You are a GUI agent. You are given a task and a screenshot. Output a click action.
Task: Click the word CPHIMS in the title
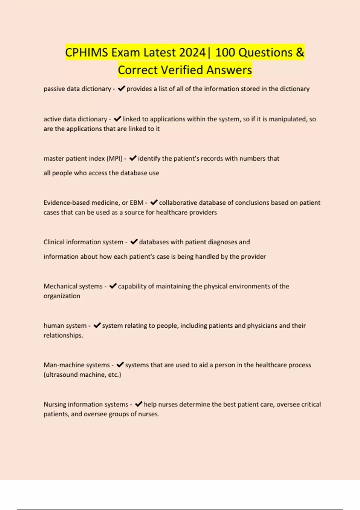pos(86,52)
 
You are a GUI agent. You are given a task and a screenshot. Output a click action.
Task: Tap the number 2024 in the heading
pos(192,52)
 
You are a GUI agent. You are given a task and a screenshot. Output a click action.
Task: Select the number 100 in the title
pos(225,52)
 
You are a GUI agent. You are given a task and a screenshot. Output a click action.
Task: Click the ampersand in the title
pos(300,52)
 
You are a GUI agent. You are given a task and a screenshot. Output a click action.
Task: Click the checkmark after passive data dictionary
pos(121,88)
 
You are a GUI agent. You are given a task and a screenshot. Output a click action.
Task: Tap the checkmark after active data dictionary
pos(117,119)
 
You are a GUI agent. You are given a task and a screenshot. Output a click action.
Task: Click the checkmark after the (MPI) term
pos(133,158)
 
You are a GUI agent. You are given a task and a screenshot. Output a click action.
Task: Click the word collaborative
pos(177,203)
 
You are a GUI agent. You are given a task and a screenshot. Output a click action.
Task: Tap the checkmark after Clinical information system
pos(134,242)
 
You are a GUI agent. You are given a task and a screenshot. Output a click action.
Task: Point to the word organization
pos(62,296)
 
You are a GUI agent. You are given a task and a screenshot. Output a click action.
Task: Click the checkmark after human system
pos(97,325)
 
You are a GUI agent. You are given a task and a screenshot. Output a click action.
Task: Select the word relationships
pos(63,335)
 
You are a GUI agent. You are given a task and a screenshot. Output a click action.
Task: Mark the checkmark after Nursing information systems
pos(138,404)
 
